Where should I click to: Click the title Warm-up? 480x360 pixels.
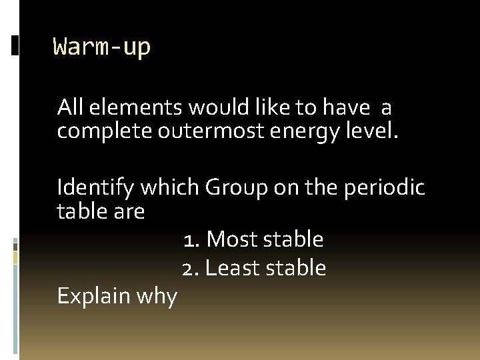[102, 47]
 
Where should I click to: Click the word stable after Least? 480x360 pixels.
[297, 268]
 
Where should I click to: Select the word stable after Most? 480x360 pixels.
[294, 239]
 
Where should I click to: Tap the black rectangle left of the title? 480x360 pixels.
[15, 45]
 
